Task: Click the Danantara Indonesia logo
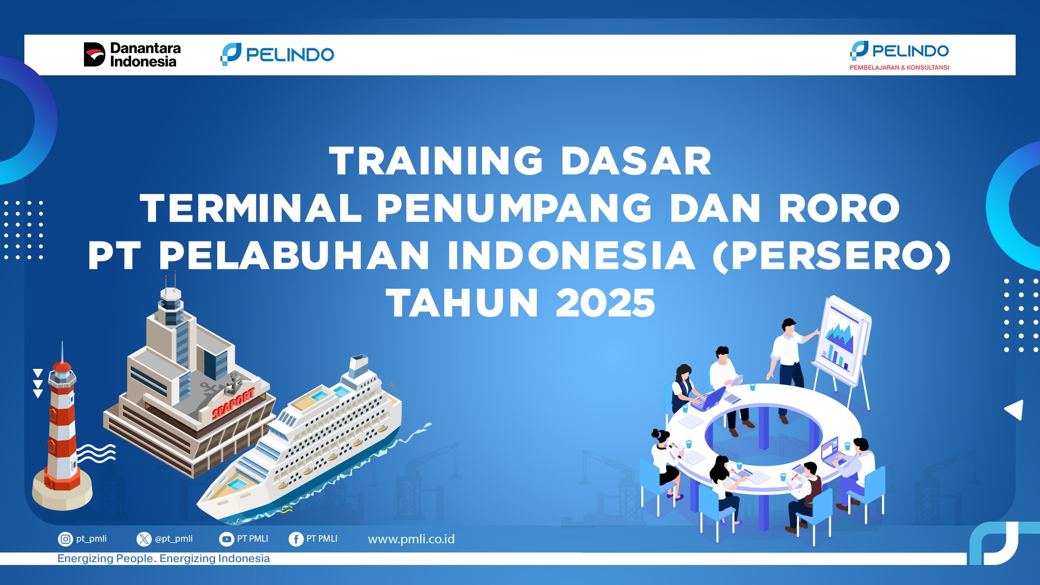(132, 55)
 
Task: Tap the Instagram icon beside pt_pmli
(66, 539)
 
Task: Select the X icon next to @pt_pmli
(144, 539)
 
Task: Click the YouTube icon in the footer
(226, 539)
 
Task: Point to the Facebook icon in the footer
(296, 539)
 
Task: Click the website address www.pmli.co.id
(411, 539)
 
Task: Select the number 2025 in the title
(606, 303)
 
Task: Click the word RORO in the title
(839, 209)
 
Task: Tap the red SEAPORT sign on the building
(233, 403)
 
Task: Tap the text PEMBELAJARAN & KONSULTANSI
(899, 68)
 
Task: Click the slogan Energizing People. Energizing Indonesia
(164, 558)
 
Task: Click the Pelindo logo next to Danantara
(277, 54)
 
